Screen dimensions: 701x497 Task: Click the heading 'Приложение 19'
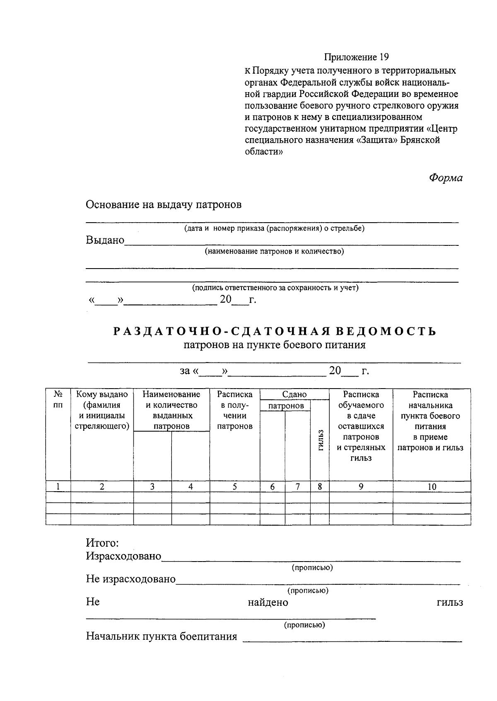point(356,57)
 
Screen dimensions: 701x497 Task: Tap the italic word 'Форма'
point(446,178)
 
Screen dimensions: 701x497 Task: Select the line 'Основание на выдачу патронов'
point(163,204)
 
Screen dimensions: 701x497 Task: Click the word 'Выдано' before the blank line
point(105,240)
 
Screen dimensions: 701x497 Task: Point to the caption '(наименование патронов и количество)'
point(274,251)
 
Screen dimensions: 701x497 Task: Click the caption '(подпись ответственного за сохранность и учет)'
point(275,288)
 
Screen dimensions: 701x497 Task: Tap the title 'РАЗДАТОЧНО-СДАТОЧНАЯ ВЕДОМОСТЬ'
point(275,331)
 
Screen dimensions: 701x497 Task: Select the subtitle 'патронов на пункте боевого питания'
point(275,345)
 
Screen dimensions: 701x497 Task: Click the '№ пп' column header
point(58,400)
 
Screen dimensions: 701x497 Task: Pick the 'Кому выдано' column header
point(102,410)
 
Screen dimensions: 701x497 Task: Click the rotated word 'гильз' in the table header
point(320,441)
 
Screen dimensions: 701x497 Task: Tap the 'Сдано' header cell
point(294,394)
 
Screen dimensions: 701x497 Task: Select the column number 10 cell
point(432,487)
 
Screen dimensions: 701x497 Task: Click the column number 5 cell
point(234,487)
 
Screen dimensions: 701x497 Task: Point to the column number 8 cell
point(320,487)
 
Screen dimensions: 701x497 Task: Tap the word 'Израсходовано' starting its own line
point(123,556)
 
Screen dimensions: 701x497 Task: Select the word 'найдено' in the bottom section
point(268,603)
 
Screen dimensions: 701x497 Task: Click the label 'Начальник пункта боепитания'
point(162,636)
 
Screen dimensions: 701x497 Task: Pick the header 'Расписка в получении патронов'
point(234,410)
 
